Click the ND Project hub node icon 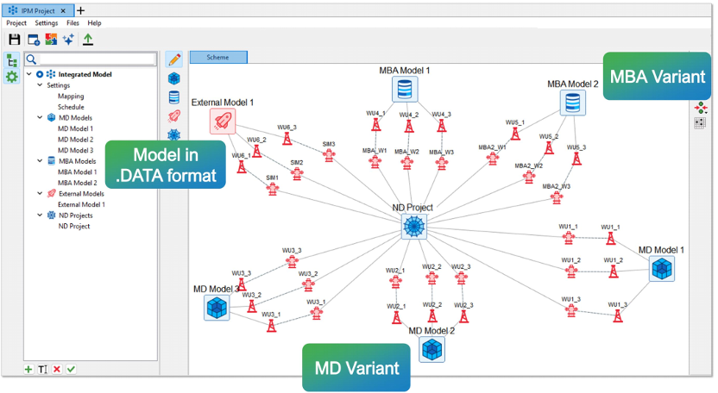tap(414, 228)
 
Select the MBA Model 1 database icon tap(403, 90)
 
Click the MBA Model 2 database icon tap(571, 103)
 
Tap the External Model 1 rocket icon tap(223, 122)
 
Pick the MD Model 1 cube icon tap(662, 269)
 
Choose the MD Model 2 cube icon tap(431, 349)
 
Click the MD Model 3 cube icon tap(217, 308)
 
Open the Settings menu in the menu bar tap(47, 22)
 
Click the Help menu tap(94, 22)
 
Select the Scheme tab tap(217, 57)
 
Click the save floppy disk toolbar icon tap(14, 40)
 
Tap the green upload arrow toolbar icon tap(88, 40)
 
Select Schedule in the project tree tap(71, 107)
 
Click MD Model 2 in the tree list tap(75, 139)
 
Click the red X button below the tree tap(57, 369)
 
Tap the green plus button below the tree tap(28, 369)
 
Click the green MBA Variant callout tap(658, 76)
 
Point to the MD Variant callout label tap(356, 368)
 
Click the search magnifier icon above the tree tap(31, 59)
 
